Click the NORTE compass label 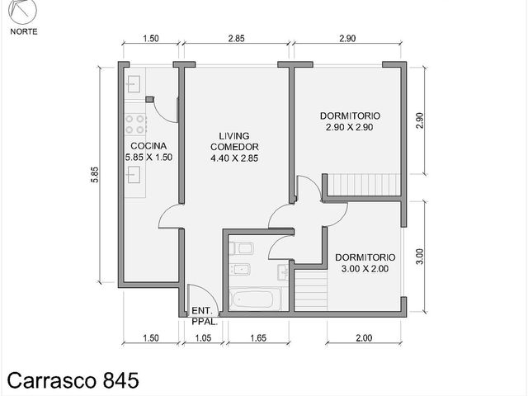click(24, 31)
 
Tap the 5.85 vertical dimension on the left click(95, 175)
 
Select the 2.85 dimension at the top click(237, 39)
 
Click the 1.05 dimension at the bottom click(204, 337)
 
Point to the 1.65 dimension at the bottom click(258, 337)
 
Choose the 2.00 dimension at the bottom click(364, 337)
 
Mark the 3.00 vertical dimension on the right click(420, 257)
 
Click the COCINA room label click(148, 146)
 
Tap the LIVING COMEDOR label click(234, 141)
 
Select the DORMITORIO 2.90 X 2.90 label click(350, 121)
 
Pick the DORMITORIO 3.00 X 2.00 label click(365, 263)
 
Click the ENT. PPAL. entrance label click(203, 316)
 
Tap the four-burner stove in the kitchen click(135, 124)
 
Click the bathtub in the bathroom click(253, 299)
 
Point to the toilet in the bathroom click(242, 248)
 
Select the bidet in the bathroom click(240, 269)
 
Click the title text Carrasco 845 click(73, 381)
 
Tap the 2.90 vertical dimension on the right click(420, 121)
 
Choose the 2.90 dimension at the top click(347, 39)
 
